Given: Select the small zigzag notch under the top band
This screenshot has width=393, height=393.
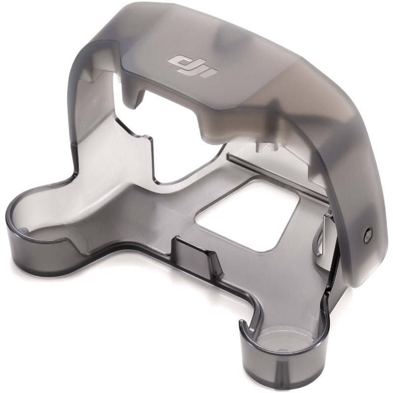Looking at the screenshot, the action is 266,148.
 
